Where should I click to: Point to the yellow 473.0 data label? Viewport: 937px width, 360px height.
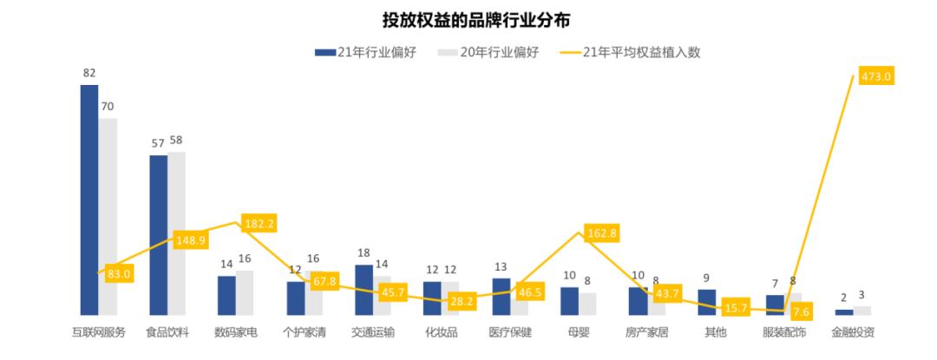(x=876, y=76)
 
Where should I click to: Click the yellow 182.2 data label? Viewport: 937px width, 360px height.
(x=259, y=224)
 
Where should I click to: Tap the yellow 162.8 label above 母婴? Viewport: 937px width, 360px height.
(x=602, y=232)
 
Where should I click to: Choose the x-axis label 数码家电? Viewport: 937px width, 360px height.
(x=236, y=332)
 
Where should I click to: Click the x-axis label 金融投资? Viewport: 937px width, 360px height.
(x=853, y=332)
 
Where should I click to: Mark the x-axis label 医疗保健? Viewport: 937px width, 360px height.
(x=510, y=332)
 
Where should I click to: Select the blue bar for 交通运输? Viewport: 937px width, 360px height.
(x=364, y=290)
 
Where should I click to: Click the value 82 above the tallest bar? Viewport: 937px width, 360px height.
(x=88, y=74)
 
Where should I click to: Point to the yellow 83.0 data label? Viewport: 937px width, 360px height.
(x=115, y=273)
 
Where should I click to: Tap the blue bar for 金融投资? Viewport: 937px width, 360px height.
(x=844, y=311)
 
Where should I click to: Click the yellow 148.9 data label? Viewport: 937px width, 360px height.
(x=189, y=240)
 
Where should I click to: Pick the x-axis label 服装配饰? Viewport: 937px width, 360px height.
(x=784, y=332)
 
